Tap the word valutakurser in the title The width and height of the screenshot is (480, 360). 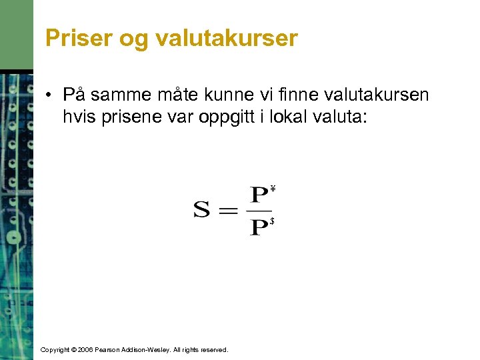226,38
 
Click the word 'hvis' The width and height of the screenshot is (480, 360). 79,118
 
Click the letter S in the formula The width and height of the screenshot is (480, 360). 202,211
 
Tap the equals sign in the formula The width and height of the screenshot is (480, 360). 228,211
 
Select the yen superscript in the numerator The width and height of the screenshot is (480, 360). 273,189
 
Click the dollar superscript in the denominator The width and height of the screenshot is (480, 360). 273,221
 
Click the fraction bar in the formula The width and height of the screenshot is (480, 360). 259,211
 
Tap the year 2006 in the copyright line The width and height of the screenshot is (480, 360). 85,349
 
